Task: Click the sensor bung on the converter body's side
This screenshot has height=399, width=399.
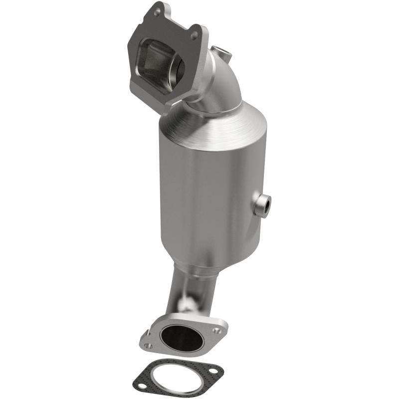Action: pyautogui.click(x=261, y=204)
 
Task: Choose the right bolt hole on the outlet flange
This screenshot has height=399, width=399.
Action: pyautogui.click(x=215, y=330)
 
